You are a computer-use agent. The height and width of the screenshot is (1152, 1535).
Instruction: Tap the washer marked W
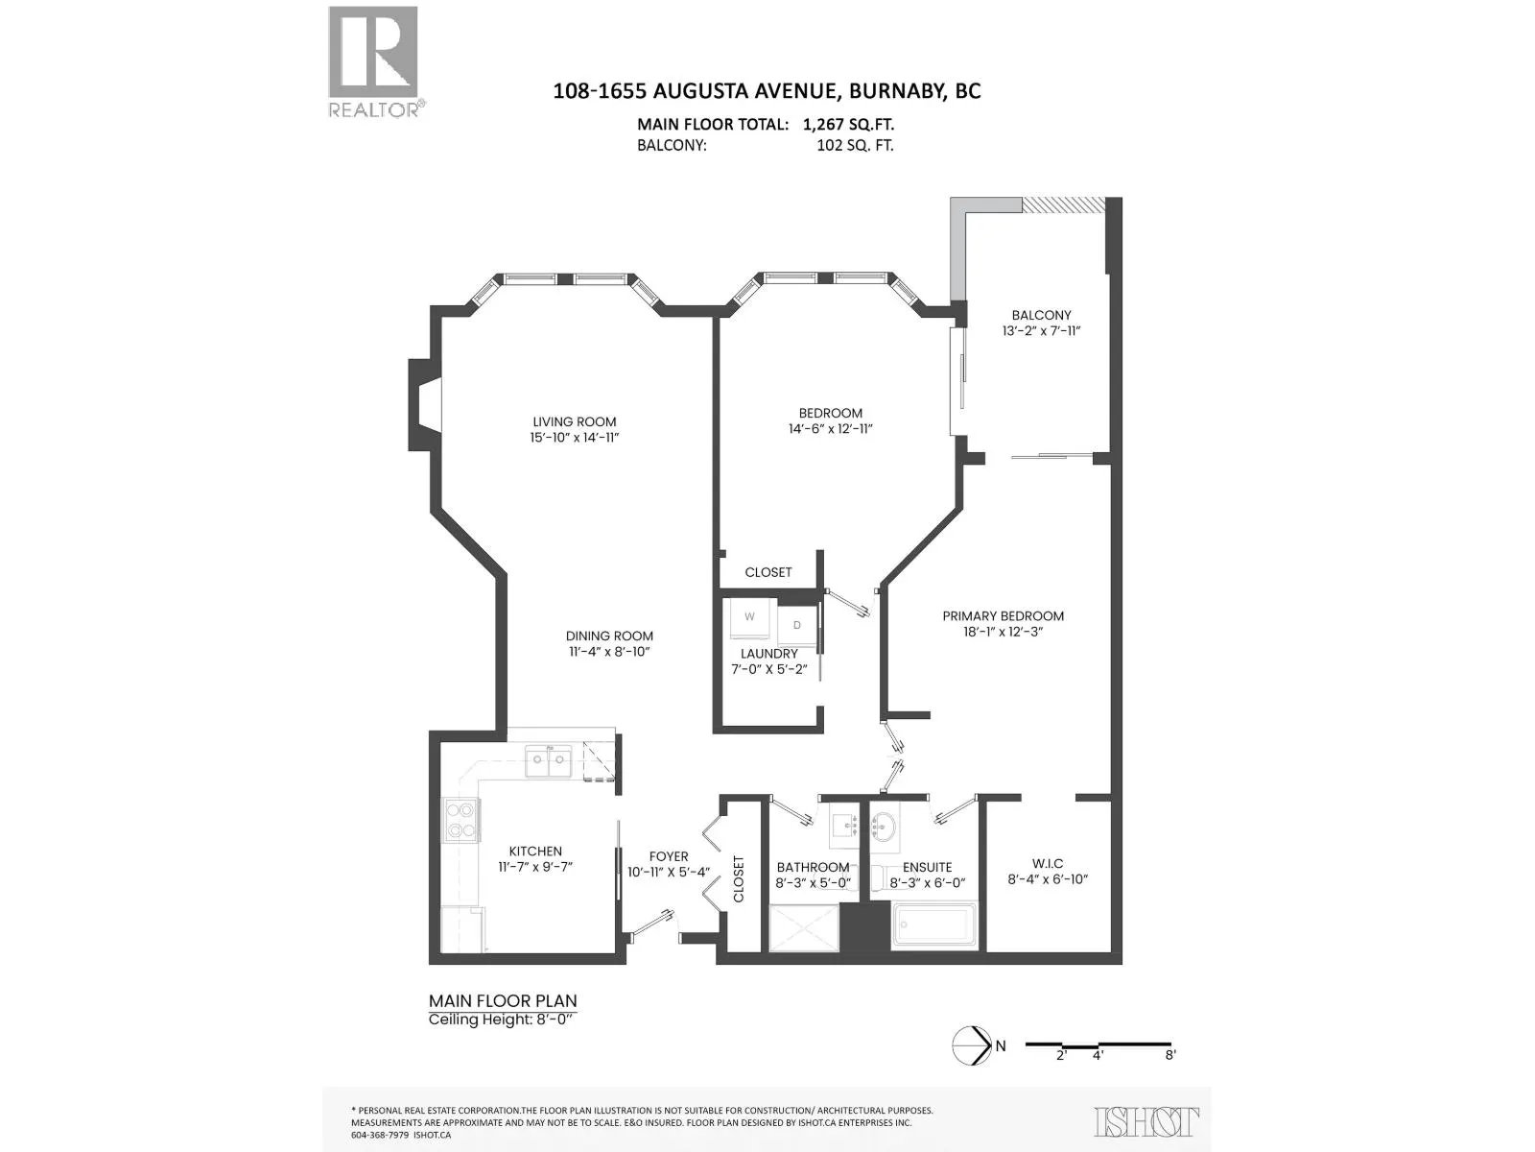tap(749, 618)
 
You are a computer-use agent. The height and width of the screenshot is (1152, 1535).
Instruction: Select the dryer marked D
tap(796, 625)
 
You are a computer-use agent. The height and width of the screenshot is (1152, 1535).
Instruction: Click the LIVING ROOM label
tap(574, 421)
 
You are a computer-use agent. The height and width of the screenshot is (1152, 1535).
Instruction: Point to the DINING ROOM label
tap(609, 636)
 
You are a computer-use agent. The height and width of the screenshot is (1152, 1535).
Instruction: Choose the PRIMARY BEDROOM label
tap(1003, 616)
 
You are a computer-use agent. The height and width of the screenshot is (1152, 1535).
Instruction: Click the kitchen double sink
tap(549, 760)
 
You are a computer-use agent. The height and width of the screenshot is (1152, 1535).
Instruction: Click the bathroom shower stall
tap(804, 928)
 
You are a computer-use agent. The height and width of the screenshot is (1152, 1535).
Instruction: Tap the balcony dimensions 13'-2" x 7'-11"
tap(1041, 331)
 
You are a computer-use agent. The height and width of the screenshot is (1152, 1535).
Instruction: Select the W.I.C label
tap(1048, 863)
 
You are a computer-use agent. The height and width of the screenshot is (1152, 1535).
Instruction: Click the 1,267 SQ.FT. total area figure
tap(848, 125)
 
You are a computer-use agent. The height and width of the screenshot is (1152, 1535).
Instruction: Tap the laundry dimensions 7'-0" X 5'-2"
tap(769, 669)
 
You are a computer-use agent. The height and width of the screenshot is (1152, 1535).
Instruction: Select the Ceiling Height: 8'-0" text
tap(501, 1020)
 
